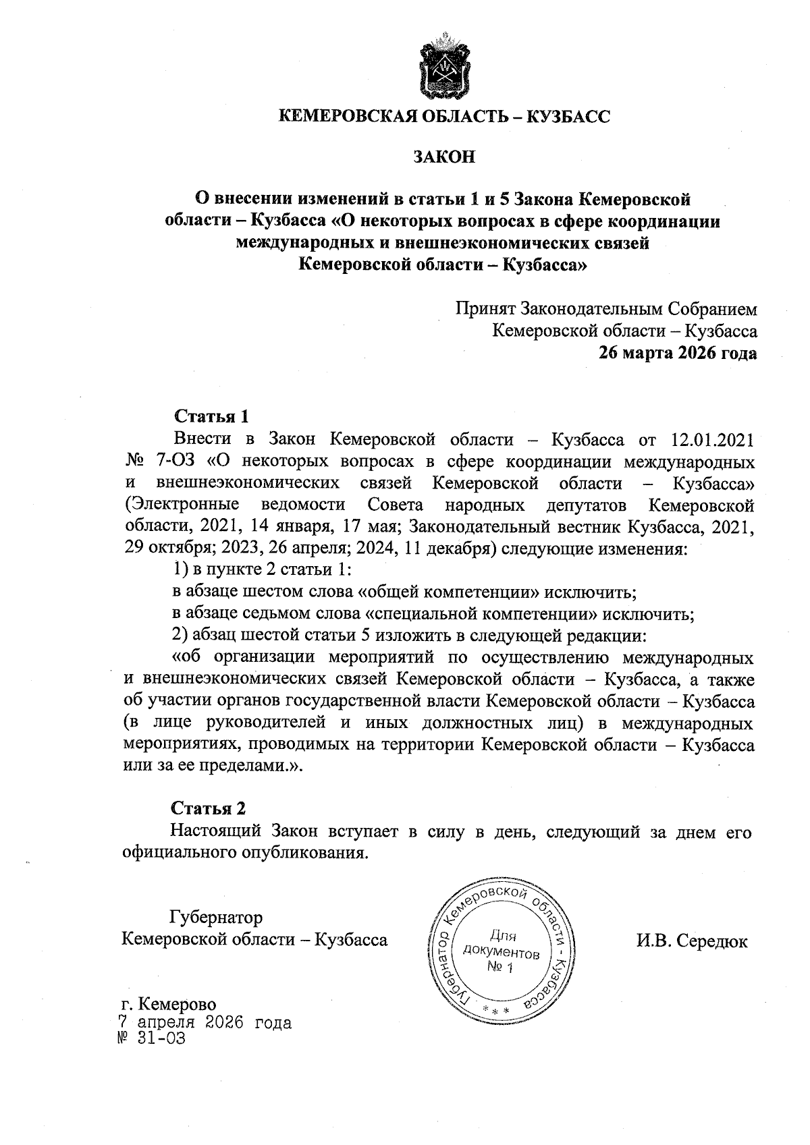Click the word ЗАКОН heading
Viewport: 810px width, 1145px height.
point(444,157)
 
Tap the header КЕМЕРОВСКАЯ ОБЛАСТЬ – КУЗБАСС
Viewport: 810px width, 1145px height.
point(444,117)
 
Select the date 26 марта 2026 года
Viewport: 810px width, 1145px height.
point(678,353)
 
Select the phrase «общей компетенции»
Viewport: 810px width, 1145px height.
point(448,592)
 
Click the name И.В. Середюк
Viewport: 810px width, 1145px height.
point(692,941)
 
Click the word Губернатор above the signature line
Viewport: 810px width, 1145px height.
point(216,918)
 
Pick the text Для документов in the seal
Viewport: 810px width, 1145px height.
point(502,946)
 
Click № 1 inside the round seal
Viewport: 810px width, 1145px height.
point(500,968)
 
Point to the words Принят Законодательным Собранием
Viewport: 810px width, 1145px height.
point(605,309)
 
